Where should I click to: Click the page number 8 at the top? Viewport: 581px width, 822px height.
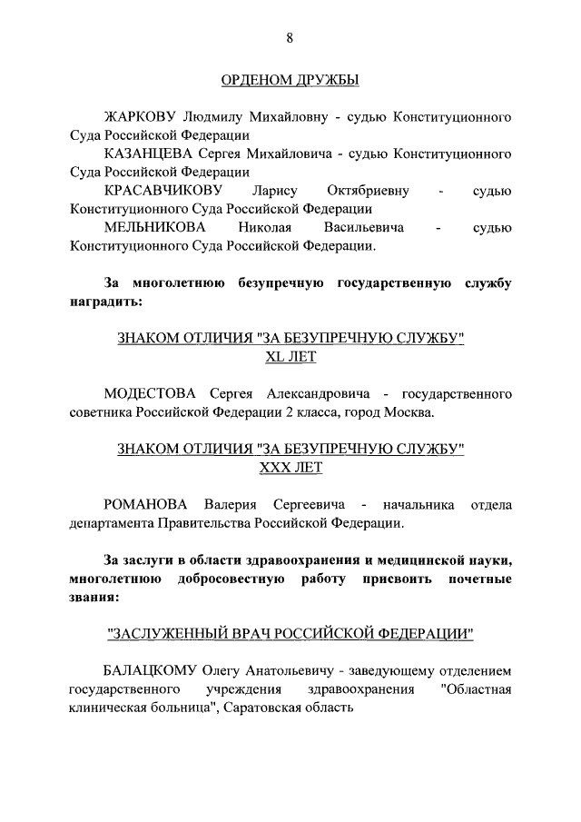[290, 37]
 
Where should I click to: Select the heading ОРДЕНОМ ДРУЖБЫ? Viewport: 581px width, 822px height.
[290, 82]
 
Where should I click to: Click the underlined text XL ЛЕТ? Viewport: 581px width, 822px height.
[290, 357]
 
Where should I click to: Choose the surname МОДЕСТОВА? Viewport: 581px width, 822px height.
[150, 394]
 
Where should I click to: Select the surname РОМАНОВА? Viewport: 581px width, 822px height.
[146, 505]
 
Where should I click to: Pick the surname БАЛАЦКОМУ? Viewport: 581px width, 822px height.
[151, 671]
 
